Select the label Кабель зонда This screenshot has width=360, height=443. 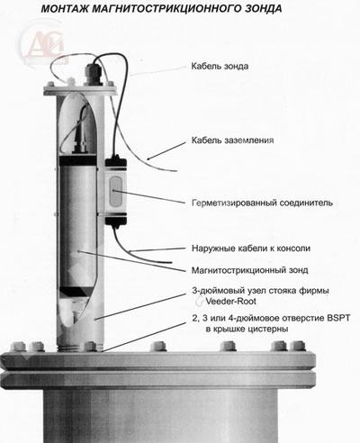click(220, 66)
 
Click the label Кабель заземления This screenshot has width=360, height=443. click(232, 140)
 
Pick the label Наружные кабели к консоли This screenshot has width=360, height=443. click(251, 249)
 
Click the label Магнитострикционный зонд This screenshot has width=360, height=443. click(249, 270)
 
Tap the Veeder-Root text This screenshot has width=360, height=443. click(230, 301)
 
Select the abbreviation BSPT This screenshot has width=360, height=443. click(337, 318)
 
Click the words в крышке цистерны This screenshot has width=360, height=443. click(247, 329)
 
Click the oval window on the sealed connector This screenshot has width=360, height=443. click(116, 192)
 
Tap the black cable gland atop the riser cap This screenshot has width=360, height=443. click(93, 74)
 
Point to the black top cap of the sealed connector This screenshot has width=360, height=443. click(116, 163)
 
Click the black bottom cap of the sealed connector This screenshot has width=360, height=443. click(116, 221)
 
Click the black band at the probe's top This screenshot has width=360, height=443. click(77, 161)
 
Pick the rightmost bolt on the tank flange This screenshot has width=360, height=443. click(298, 346)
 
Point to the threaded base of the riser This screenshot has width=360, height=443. click(80, 348)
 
